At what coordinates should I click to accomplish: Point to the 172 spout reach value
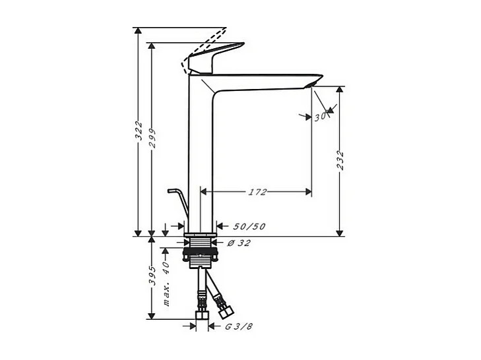tap(257, 192)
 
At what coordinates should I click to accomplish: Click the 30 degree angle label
tap(321, 117)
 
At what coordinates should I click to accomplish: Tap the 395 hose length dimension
tap(152, 276)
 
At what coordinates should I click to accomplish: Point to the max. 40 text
tap(166, 284)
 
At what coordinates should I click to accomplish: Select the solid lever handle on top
tap(210, 60)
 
